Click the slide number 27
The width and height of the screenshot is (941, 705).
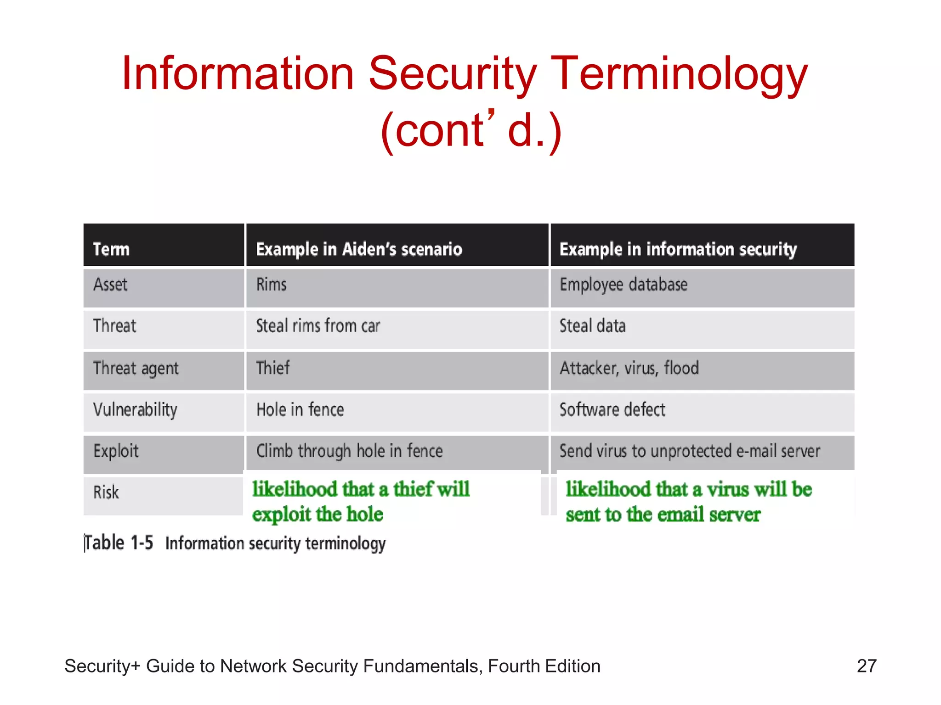pyautogui.click(x=867, y=666)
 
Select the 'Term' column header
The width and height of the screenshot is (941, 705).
pyautogui.click(x=111, y=249)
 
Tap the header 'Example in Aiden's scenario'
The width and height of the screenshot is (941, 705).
pyautogui.click(x=359, y=249)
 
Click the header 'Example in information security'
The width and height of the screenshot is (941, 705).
pyautogui.click(x=678, y=249)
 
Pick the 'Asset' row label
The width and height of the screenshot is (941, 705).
pyautogui.click(x=110, y=285)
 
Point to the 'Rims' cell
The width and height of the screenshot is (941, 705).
pyautogui.click(x=271, y=285)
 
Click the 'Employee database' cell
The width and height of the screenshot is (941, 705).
pyautogui.click(x=624, y=285)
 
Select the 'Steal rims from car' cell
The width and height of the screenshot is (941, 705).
pyautogui.click(x=318, y=326)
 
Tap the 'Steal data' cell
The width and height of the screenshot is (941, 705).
pyautogui.click(x=592, y=326)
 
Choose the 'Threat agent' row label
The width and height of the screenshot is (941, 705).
pyautogui.click(x=136, y=368)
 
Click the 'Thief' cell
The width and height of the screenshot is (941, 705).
pyautogui.click(x=273, y=368)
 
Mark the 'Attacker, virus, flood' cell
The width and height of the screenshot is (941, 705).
pyautogui.click(x=629, y=368)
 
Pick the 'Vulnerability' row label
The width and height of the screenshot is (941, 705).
pyautogui.click(x=135, y=409)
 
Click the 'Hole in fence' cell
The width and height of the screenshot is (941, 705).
pyautogui.click(x=300, y=409)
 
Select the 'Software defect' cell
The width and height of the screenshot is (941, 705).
pyautogui.click(x=612, y=409)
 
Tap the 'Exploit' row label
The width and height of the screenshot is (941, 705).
pyautogui.click(x=116, y=451)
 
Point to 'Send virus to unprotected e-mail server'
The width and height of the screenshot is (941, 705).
pyautogui.click(x=690, y=451)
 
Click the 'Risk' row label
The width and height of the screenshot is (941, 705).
pyautogui.click(x=106, y=492)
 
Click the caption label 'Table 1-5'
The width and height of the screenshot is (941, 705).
pyautogui.click(x=119, y=543)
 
